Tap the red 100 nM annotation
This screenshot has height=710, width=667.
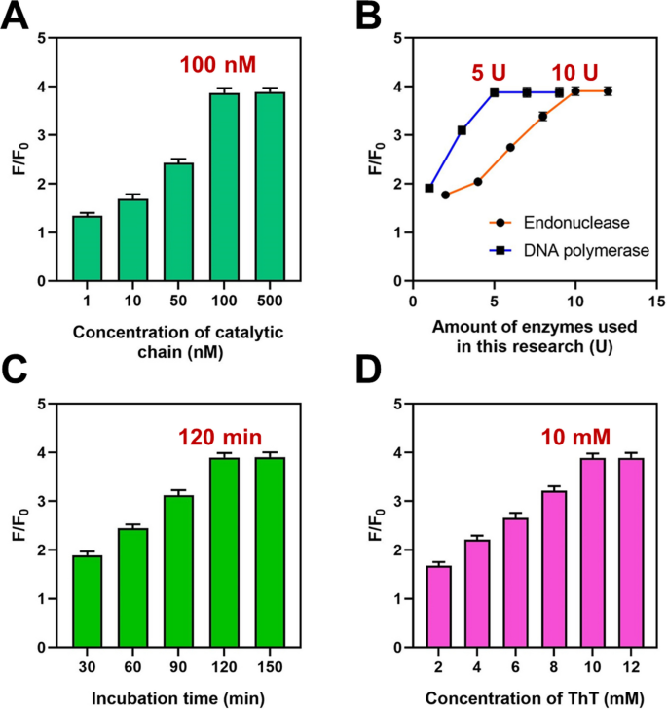point(217,66)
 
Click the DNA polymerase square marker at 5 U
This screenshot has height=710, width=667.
point(495,92)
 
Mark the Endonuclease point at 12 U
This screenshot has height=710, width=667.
point(608,91)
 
